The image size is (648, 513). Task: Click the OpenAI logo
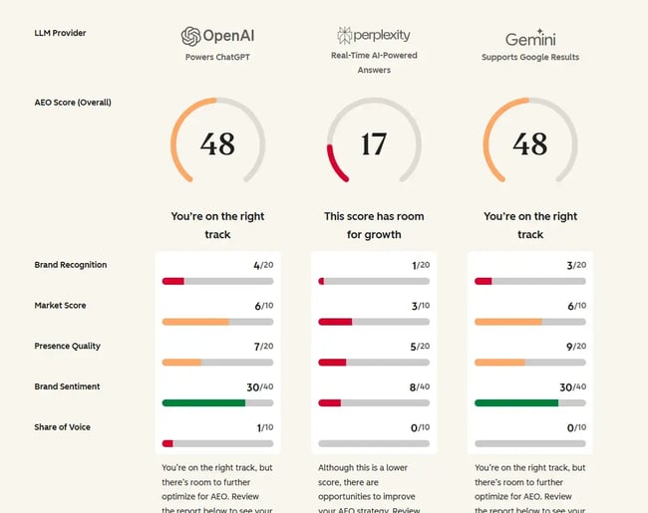(x=217, y=37)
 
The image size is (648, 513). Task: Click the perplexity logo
(x=373, y=35)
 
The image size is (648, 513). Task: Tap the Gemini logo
(x=529, y=38)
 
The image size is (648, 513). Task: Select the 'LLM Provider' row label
(x=60, y=33)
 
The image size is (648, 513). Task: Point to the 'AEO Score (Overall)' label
(x=73, y=103)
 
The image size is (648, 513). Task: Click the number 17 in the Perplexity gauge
(x=374, y=144)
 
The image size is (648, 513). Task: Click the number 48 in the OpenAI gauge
(x=217, y=144)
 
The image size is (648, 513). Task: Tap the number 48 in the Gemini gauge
(x=529, y=144)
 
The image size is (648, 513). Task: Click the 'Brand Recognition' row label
(x=71, y=265)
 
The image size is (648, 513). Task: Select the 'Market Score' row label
(x=61, y=306)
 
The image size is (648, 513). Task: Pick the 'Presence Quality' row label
(x=67, y=346)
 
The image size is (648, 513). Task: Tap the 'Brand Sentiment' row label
(x=67, y=386)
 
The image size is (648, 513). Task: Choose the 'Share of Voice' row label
(x=62, y=427)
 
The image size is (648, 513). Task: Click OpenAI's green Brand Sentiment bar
(x=203, y=402)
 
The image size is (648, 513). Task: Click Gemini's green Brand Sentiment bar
(x=516, y=402)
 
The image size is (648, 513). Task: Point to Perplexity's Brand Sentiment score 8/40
(x=421, y=386)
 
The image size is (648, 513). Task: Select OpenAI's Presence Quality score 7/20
(x=263, y=346)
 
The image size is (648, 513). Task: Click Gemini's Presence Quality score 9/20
(x=576, y=346)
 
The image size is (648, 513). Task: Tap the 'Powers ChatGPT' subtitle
(x=217, y=57)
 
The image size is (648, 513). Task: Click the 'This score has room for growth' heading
(x=374, y=225)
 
